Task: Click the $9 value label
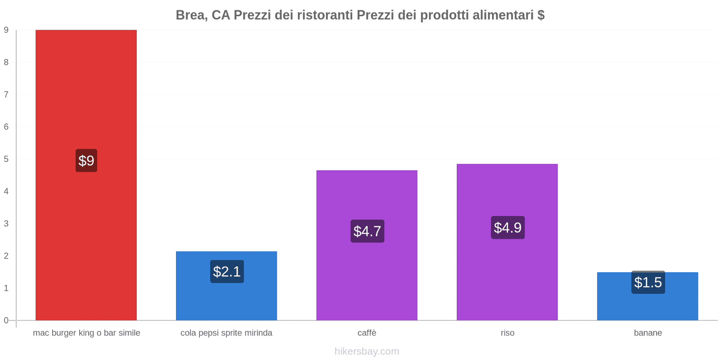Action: pos(86,161)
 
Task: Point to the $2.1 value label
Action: pos(227,271)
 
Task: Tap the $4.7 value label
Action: pos(367,231)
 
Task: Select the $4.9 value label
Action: pos(508,227)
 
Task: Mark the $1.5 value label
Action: pos(648,282)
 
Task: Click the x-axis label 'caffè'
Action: pos(367,333)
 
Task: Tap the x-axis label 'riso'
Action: pos(507,333)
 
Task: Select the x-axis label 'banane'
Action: pos(648,333)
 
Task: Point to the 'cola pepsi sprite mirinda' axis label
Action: pos(226,333)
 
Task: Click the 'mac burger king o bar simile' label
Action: pos(86,333)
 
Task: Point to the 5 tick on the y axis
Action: pos(6,159)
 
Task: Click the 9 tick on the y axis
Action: pos(6,30)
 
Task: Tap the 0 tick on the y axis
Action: pos(6,320)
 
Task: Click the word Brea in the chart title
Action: pos(189,15)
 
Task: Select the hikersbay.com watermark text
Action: pos(367,351)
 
